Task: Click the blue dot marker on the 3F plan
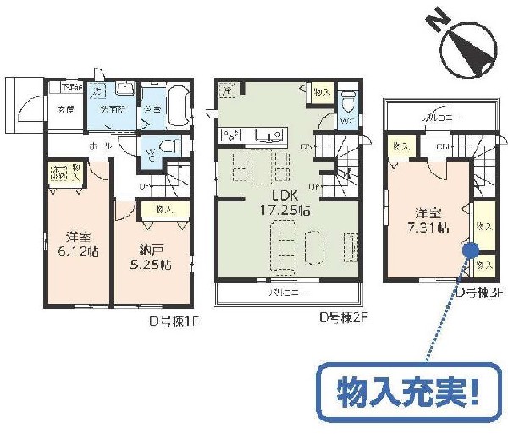tap(469, 249)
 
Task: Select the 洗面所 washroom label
tap(113, 110)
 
